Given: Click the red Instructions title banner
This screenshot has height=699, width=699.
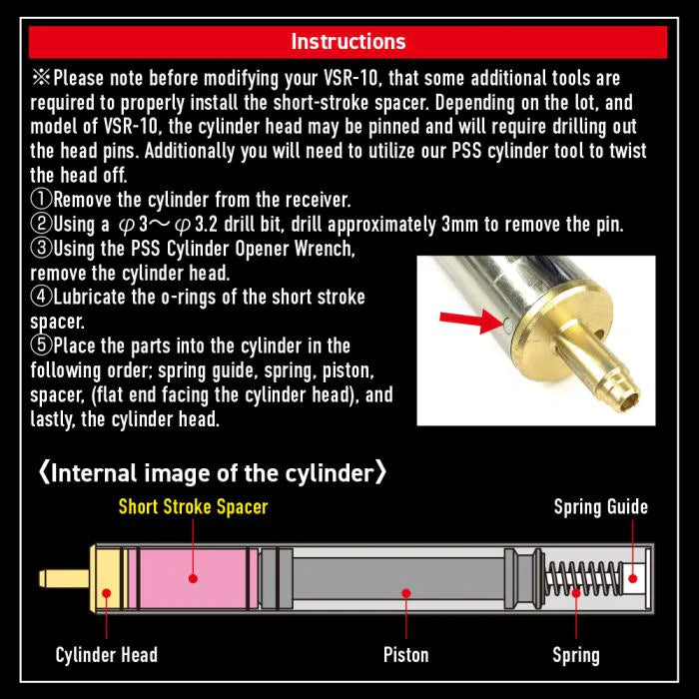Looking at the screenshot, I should click(x=349, y=42).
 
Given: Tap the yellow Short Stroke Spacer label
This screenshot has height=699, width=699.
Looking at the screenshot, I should click(x=193, y=506).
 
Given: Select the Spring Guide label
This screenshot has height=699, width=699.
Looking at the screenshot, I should click(x=600, y=506).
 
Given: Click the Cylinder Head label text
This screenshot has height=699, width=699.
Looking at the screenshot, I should click(x=106, y=655).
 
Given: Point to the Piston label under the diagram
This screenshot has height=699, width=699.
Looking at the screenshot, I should click(x=406, y=655).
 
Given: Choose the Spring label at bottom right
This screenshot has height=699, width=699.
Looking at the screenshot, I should click(x=576, y=655).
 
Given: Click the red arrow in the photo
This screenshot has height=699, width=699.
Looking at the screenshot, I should click(x=468, y=320).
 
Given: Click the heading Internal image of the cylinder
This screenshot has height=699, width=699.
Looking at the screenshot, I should click(x=212, y=471).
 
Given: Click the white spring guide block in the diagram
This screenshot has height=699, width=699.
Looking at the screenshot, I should click(x=631, y=576).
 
